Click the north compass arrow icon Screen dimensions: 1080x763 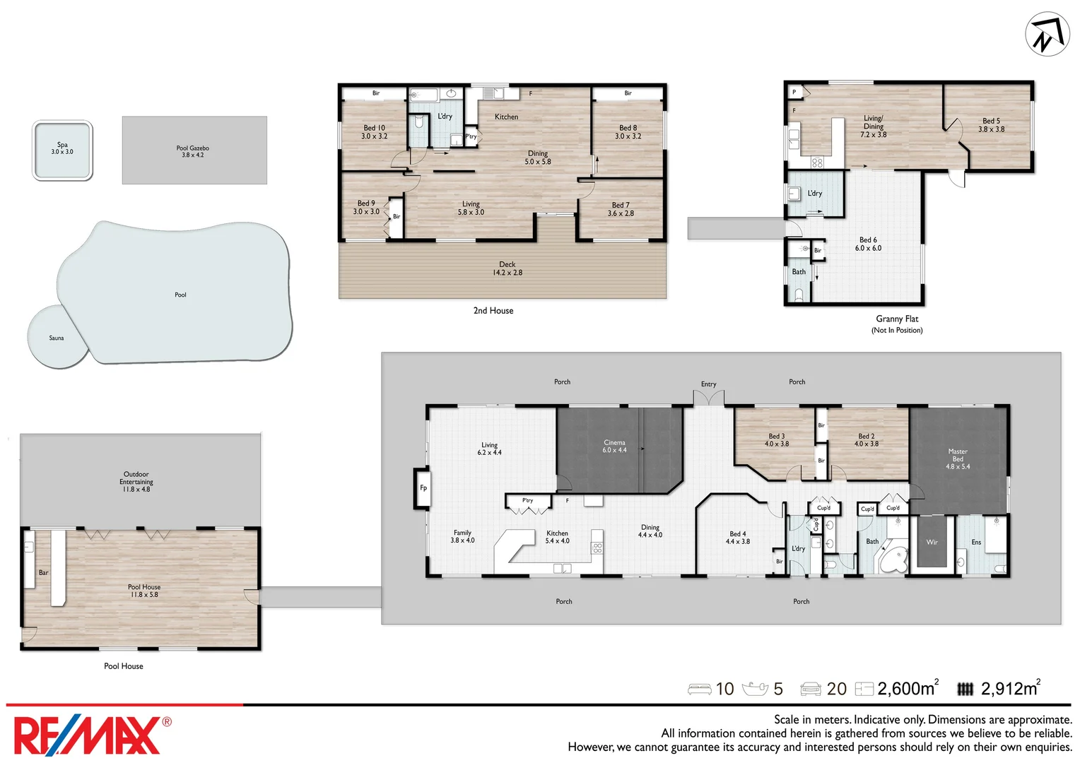pos(1047,34)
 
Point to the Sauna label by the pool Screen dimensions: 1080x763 pos(57,338)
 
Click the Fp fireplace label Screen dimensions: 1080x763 pos(423,487)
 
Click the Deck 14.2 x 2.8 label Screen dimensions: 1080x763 pos(507,268)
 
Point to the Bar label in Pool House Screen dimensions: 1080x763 pos(43,573)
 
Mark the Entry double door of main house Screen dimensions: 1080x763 pos(709,398)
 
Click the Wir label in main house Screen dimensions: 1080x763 pos(932,543)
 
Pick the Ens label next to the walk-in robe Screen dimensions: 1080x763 pos(976,543)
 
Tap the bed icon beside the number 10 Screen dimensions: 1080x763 pos(700,690)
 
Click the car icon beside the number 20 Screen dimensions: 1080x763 pos(811,690)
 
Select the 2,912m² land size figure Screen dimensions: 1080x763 pos(1011,688)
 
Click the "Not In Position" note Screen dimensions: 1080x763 pos(897,330)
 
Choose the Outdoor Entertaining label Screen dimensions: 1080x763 pos(136,482)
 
